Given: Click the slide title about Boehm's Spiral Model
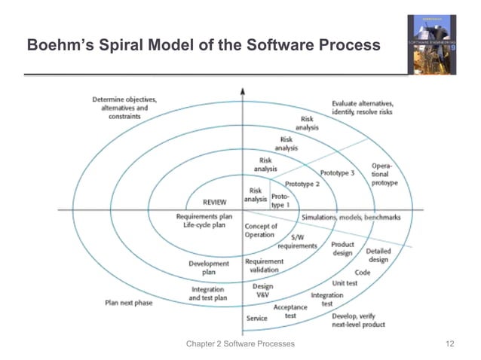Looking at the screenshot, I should (203, 46).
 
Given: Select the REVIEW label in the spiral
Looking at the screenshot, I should (215, 202).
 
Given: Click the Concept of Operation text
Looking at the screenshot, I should (261, 230).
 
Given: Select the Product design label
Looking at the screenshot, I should (342, 249).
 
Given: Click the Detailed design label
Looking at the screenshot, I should (378, 255).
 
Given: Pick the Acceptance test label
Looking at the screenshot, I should (290, 312).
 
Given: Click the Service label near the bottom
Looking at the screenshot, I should (256, 319).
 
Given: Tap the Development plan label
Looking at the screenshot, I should (209, 268).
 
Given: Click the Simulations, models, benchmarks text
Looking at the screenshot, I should (351, 218).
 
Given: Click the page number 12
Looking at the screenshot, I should (451, 344).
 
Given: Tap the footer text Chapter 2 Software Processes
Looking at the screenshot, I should (240, 344).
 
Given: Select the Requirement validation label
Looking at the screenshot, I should (265, 266).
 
